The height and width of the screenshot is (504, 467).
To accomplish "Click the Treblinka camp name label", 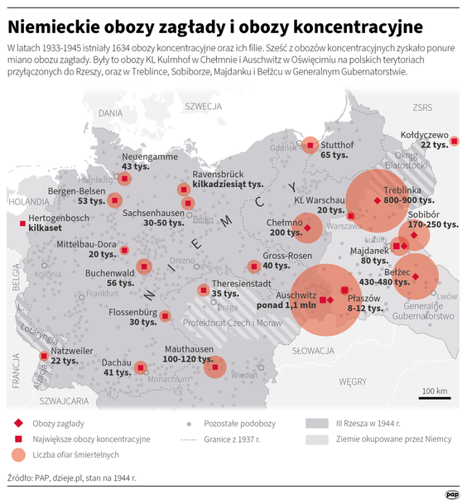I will [403, 189].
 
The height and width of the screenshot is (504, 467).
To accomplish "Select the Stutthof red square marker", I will [310, 145].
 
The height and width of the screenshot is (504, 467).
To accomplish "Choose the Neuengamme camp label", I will [149, 156].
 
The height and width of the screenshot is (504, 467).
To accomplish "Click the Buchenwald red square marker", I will [144, 266].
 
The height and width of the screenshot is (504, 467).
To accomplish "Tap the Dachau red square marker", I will [140, 367].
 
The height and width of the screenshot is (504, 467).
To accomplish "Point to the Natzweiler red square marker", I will [43, 357].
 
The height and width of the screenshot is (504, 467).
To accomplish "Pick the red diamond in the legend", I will [17, 423].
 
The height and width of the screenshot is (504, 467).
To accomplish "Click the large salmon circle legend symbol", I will [17, 454].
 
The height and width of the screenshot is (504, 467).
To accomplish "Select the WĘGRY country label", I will [352, 381].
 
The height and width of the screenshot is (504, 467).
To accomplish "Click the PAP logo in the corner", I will [452, 493].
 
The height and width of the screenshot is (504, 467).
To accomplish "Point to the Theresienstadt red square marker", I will [203, 290].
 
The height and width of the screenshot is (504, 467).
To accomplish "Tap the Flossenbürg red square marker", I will [165, 315].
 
